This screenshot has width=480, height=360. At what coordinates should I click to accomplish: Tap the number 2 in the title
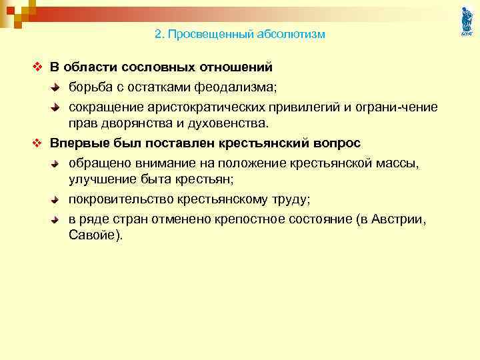pyautogui.click(x=158, y=34)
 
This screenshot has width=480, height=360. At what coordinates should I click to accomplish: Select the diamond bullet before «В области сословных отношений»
pyautogui.click(x=37, y=67)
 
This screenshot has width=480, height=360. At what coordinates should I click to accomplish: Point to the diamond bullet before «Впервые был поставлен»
pyautogui.click(x=37, y=144)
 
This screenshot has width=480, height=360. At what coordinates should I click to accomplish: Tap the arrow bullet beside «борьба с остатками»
pyautogui.click(x=57, y=87)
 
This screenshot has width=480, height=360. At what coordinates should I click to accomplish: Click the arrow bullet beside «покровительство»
pyautogui.click(x=57, y=200)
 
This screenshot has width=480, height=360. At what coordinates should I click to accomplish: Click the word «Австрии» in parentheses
pyautogui.click(x=400, y=219)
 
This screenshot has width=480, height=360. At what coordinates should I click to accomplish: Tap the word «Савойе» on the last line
pyautogui.click(x=94, y=236)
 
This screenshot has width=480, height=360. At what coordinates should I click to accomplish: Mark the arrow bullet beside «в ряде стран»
pyautogui.click(x=57, y=220)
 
